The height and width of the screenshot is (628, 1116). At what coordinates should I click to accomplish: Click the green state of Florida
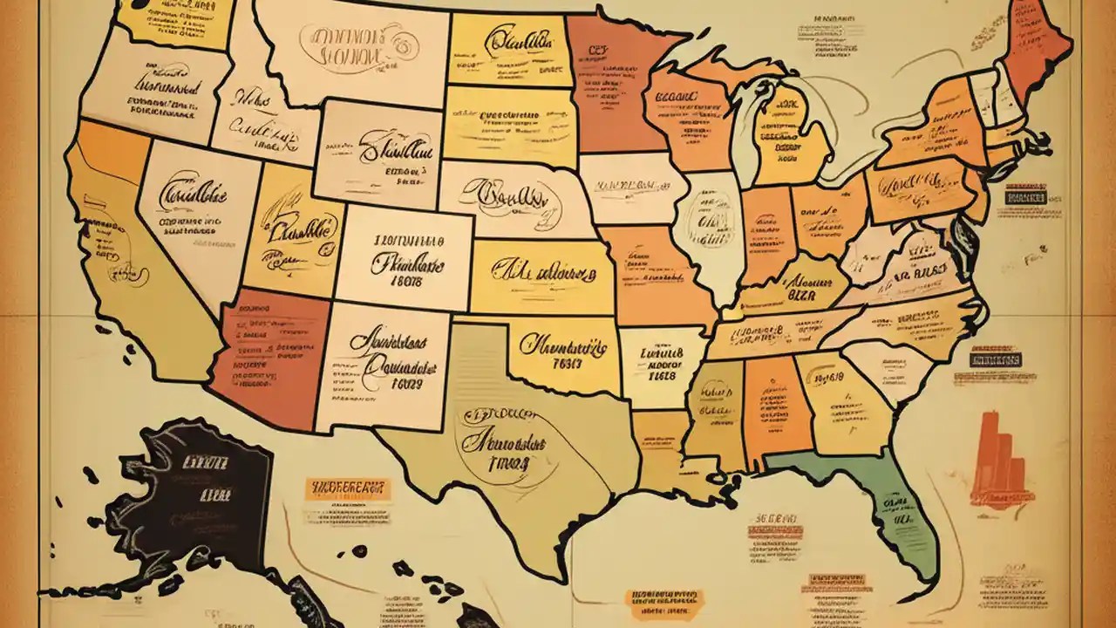pos(881,506)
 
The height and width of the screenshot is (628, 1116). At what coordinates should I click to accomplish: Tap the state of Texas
pos(506,445)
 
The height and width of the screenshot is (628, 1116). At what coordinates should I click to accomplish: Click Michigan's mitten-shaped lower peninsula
pos(789,140)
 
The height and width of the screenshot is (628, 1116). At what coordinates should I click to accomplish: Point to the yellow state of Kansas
pos(541,275)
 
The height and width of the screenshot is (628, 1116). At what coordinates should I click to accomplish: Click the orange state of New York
pos(933,131)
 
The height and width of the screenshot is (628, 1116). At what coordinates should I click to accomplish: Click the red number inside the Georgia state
pos(829,378)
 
